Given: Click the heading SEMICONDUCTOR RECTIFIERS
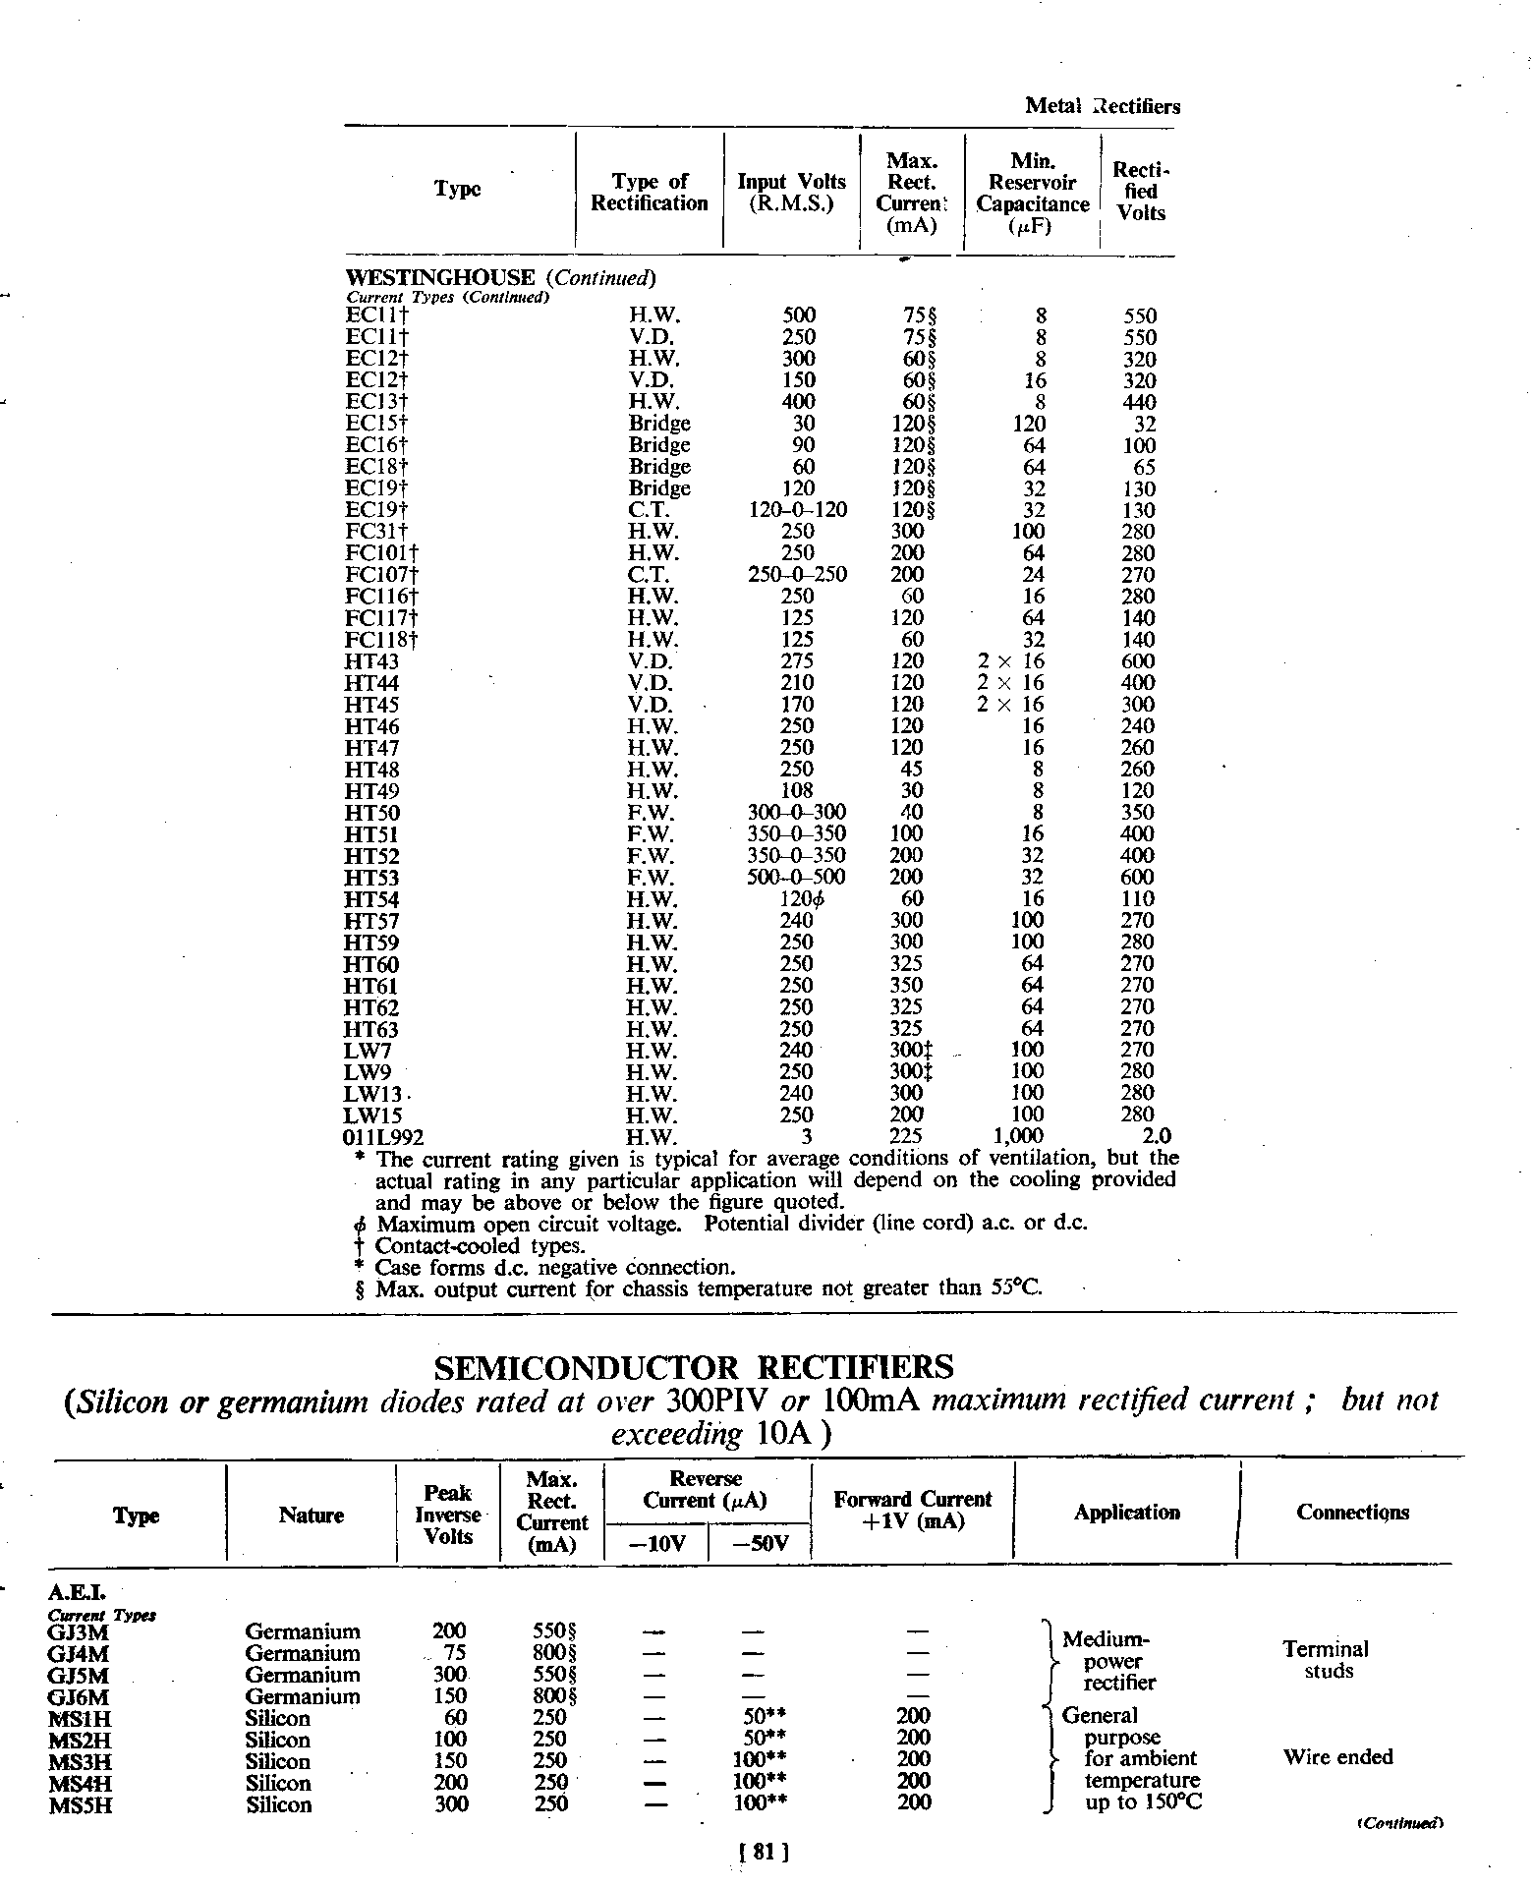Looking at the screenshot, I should (693, 1367).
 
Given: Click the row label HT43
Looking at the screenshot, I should (371, 661).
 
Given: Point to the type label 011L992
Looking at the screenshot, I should (384, 1137).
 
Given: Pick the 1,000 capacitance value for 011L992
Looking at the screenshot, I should (1021, 1137).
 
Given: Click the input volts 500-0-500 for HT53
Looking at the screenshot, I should (796, 877).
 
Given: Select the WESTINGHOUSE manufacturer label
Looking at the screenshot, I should (440, 278).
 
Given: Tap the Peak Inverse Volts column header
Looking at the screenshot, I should (447, 1515).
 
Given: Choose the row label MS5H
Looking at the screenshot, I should (80, 1804).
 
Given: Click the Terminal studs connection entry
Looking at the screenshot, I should (1326, 1660).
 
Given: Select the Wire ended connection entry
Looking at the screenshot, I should (1337, 1756).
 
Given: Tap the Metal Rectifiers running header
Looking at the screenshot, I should (1102, 106).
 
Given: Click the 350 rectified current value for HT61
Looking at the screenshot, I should (906, 985).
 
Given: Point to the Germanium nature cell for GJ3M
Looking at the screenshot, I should (303, 1631).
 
